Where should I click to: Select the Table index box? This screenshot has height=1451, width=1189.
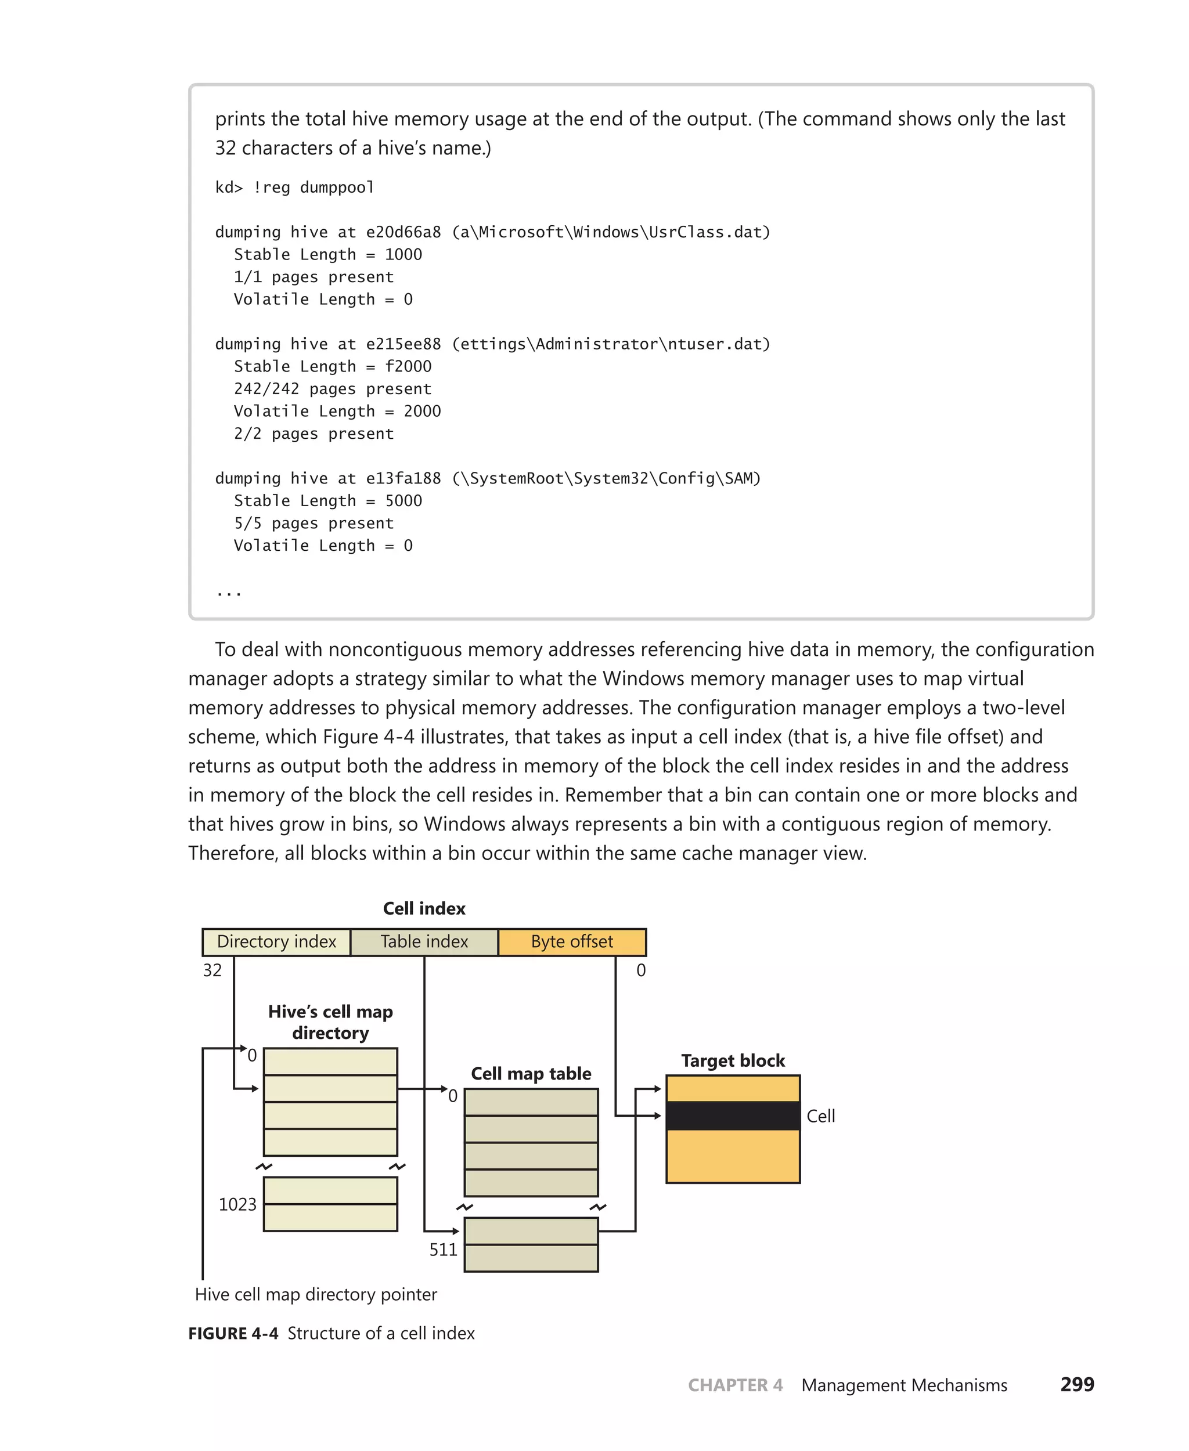tap(424, 941)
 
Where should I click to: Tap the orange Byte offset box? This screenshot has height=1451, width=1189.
tap(572, 941)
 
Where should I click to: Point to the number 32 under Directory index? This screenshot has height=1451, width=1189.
tap(212, 970)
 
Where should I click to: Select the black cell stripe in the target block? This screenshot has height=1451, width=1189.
tap(733, 1116)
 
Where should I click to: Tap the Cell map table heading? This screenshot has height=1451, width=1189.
tap(531, 1073)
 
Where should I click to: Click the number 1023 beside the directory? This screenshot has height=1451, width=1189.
tap(237, 1204)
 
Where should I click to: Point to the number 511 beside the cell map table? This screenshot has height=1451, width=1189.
tap(443, 1249)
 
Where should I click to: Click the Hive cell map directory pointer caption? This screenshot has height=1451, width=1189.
tap(316, 1294)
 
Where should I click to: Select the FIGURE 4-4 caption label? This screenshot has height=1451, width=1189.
tap(233, 1333)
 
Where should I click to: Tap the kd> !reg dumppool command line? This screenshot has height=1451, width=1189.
tap(294, 187)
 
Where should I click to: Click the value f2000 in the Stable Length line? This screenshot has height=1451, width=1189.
tap(408, 366)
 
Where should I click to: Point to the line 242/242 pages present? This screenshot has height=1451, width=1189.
tap(333, 389)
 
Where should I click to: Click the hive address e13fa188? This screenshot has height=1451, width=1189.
tap(403, 478)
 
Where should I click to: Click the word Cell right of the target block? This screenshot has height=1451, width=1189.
tap(820, 1116)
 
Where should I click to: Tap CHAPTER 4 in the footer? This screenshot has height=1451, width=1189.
tap(735, 1385)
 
